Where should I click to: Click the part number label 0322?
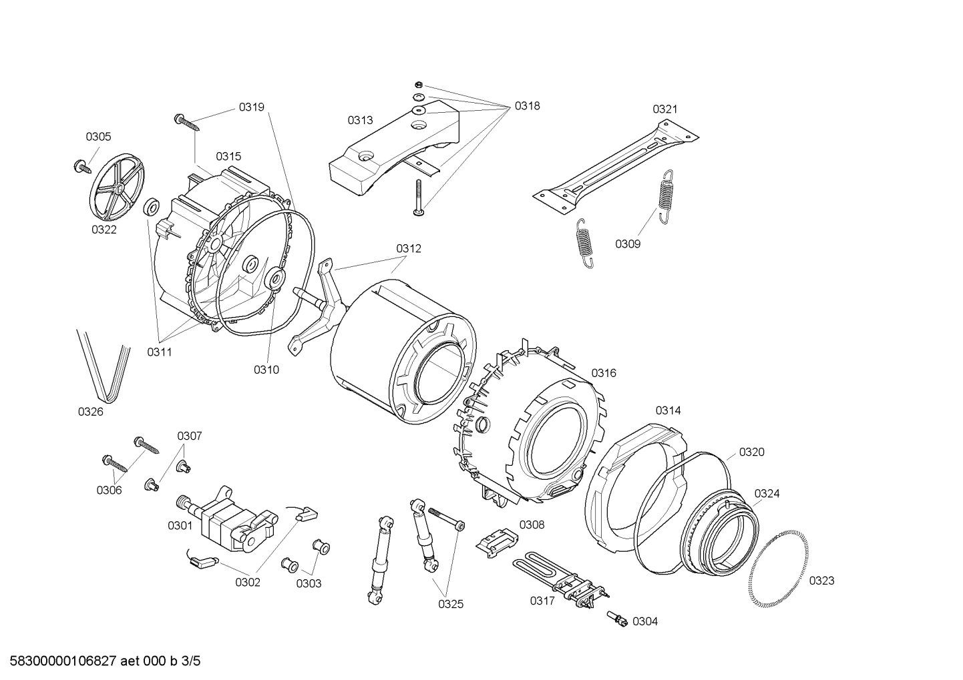point(104,230)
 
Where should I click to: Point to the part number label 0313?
point(360,120)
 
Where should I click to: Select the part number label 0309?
point(628,244)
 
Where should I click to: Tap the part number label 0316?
point(604,373)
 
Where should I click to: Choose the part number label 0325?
point(451,605)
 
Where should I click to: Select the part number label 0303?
point(309,584)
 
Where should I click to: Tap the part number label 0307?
point(190,436)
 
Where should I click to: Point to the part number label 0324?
point(767,493)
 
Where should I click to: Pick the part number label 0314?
point(668,410)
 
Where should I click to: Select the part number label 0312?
point(409,248)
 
